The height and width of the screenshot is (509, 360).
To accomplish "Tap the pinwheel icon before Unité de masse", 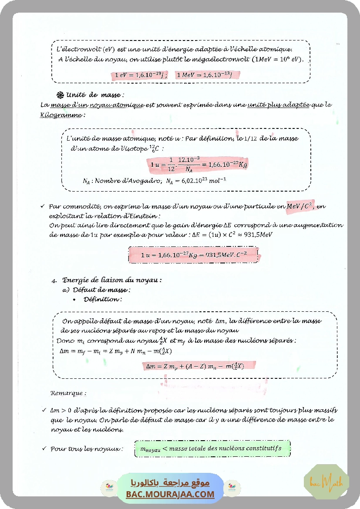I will (61, 95).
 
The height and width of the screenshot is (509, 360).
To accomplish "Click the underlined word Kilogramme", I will (61, 115).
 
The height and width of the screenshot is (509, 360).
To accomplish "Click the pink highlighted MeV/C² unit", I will (299, 206).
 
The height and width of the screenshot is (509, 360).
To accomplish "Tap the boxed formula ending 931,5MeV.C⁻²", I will (194, 255).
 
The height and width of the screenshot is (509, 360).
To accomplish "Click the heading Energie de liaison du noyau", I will (112, 280).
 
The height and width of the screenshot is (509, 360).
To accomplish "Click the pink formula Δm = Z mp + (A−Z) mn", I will (195, 366).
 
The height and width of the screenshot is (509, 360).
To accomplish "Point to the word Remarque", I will (68, 393).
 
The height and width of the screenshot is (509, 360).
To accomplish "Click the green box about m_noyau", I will (212, 448).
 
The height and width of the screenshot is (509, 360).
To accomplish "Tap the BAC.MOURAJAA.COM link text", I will (170, 494).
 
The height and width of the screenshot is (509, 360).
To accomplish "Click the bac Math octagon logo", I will (326, 482).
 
